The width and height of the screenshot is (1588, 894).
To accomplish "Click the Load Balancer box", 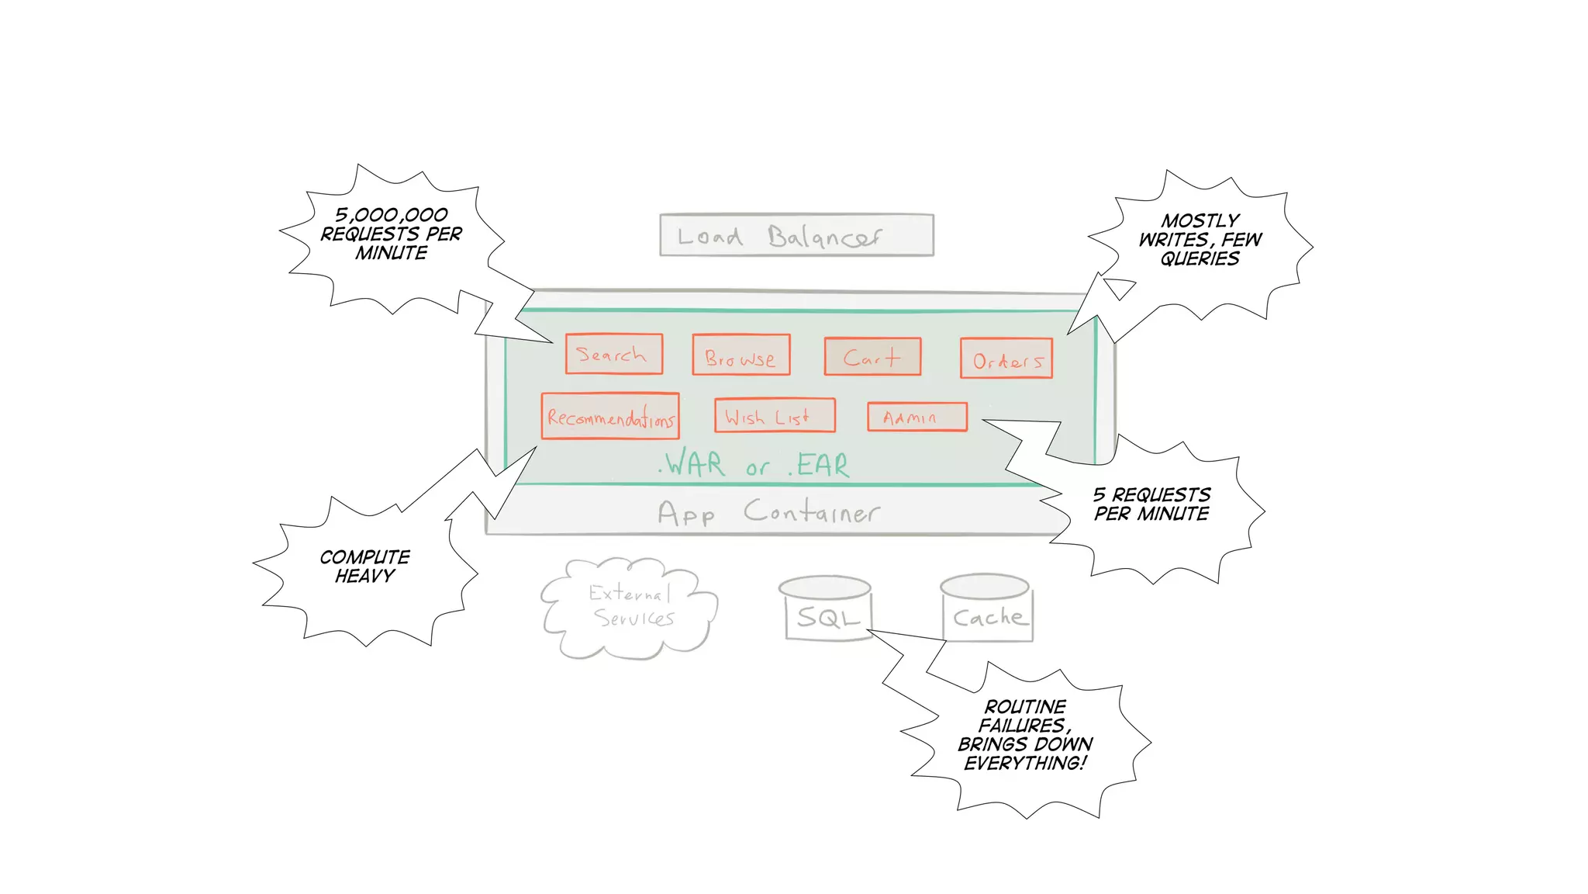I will (796, 234).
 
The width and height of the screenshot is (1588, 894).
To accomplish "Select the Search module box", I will (613, 354).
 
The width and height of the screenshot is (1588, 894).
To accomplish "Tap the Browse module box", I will (740, 355).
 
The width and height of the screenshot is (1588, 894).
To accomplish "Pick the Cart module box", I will (872, 357).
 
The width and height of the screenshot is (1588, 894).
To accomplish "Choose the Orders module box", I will (1006, 359).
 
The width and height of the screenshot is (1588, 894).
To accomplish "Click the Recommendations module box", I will (610, 417).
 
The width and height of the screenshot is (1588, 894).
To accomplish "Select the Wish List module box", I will (774, 416).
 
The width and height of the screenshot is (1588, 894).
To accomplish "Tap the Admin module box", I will (917, 417).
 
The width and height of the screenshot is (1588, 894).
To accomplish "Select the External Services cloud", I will (630, 608).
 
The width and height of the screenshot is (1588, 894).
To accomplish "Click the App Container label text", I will (768, 512).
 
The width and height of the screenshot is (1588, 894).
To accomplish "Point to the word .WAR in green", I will (692, 464).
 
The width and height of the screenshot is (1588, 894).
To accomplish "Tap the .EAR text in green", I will (820, 465).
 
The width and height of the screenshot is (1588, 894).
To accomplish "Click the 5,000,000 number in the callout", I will (392, 215).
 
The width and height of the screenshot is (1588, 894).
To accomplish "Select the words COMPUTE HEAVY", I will (364, 567).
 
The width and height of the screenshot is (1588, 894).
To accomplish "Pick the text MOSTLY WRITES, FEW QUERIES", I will (1200, 240).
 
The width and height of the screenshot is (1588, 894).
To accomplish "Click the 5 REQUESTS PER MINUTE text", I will (1151, 504).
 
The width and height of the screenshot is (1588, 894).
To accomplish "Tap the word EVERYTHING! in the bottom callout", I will (1025, 763).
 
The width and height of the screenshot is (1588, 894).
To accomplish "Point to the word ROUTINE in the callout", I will (1025, 707).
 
